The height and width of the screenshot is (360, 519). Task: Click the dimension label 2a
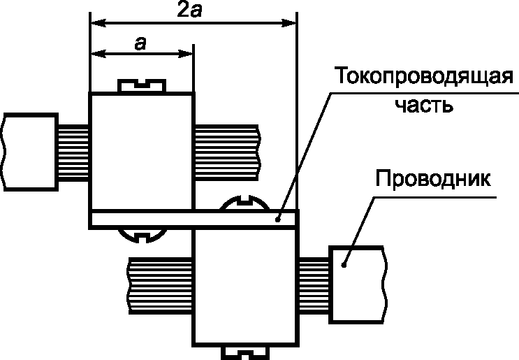click(191, 10)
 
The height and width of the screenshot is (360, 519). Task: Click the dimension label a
click(140, 43)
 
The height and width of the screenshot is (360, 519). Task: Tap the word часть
click(424, 106)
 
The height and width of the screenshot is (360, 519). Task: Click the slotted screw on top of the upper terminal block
click(142, 86)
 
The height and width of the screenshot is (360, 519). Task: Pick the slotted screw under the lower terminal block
click(244, 351)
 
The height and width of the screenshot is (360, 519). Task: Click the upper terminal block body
click(141, 150)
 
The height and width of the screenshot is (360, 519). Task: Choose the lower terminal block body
click(244, 287)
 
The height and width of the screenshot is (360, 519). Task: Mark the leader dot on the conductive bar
click(278, 219)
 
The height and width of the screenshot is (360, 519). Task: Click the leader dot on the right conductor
click(344, 264)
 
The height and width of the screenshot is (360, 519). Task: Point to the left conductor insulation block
click(29, 152)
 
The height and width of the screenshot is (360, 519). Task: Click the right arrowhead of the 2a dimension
click(292, 23)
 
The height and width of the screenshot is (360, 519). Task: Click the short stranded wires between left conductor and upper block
click(73, 152)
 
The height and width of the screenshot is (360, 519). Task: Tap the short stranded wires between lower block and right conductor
click(314, 283)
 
